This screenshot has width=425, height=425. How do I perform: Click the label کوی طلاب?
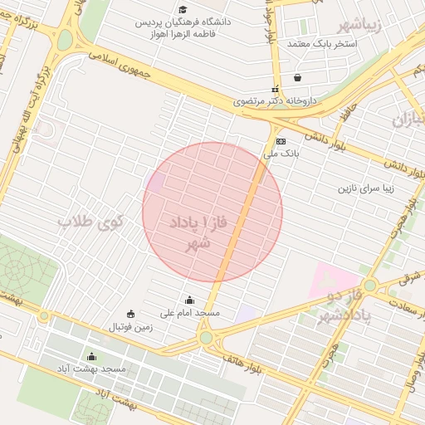[x=91, y=222]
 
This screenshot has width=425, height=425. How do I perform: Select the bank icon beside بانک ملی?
[x=281, y=141]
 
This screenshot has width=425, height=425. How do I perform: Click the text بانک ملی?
[x=281, y=154]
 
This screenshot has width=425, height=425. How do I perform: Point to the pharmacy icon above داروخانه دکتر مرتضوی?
[x=275, y=89]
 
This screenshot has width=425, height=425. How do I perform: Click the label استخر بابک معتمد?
[x=320, y=42]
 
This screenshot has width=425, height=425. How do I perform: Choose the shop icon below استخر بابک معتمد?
[x=297, y=79]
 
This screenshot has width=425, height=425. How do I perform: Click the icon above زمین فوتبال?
[x=131, y=314]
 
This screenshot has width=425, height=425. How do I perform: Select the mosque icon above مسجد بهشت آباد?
[x=91, y=356]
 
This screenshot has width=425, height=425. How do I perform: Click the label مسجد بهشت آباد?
[x=91, y=368]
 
